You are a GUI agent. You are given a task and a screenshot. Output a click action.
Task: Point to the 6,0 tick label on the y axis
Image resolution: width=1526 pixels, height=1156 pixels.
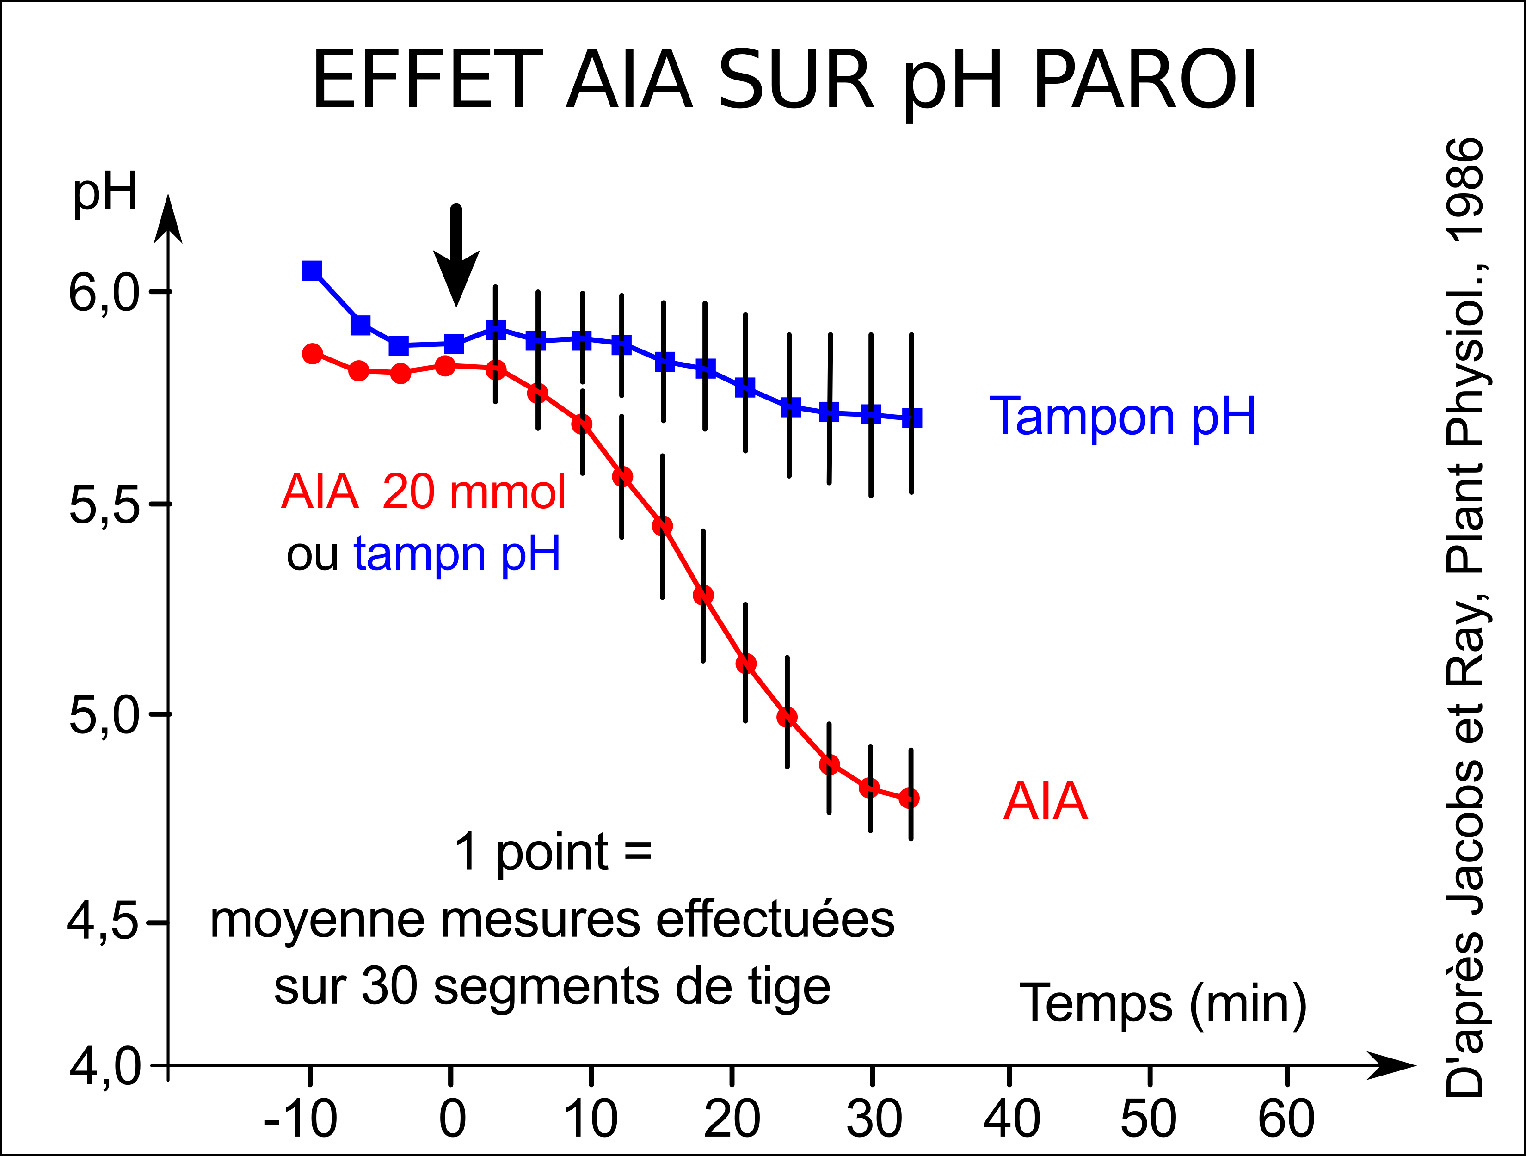pos(104,294)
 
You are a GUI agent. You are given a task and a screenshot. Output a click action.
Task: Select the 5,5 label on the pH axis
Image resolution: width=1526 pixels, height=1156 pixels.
pos(104,507)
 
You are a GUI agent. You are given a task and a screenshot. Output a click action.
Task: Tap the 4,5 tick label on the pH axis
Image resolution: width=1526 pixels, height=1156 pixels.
pos(102,923)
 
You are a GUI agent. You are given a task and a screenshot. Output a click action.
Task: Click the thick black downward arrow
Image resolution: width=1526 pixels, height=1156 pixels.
pos(456,255)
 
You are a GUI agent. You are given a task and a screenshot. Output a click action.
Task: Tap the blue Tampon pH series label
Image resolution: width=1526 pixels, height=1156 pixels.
pos(1122,417)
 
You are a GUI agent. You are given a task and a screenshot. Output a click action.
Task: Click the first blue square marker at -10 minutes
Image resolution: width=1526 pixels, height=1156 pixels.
pos(312,271)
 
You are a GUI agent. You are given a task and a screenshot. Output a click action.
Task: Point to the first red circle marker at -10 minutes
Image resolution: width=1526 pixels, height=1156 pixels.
pos(313,354)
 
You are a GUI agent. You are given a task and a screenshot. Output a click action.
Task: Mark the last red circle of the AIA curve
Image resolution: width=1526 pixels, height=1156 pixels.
pos(909,798)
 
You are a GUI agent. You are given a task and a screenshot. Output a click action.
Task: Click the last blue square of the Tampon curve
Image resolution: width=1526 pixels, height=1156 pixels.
pos(912,418)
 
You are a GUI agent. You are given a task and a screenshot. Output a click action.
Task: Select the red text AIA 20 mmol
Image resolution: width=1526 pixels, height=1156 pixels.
pos(424,492)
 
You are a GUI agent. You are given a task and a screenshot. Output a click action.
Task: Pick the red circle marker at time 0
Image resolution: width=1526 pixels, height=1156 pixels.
pos(446,366)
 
